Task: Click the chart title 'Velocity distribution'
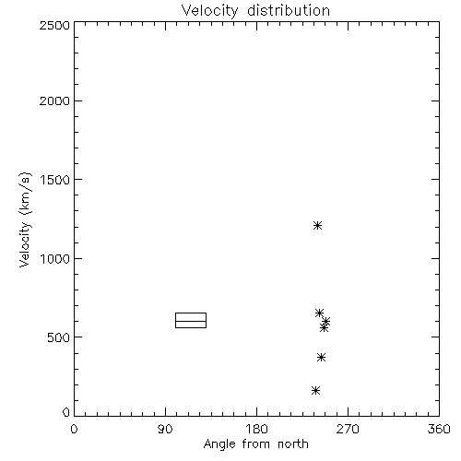pos(255,11)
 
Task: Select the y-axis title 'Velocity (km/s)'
pos(25,219)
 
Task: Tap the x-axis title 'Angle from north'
pos(255,444)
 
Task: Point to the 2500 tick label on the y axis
pos(54,25)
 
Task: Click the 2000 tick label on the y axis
pos(54,100)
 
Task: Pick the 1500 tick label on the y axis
pos(55,180)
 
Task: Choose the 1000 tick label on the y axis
pos(55,259)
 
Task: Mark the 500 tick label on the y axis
pos(59,337)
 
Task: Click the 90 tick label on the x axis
pos(165,429)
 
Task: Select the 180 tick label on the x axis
pos(256,429)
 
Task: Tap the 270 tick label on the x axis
pos(348,429)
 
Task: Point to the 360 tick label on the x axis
pos(439,429)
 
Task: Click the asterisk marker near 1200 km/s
pos(317,226)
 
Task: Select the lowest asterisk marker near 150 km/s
pos(315,391)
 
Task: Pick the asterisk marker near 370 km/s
pos(321,358)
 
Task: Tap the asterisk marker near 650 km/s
pos(319,313)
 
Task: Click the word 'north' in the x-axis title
pos(293,444)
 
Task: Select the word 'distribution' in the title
pos(289,11)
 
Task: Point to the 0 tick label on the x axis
pos(74,429)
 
